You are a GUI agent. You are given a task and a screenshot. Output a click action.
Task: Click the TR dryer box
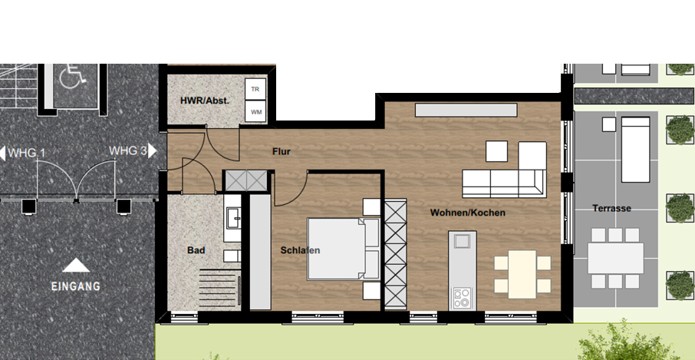[x=255, y=89]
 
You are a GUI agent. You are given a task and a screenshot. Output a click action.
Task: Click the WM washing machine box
[x=255, y=112]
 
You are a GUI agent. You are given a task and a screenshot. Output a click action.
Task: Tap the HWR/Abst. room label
[x=205, y=101]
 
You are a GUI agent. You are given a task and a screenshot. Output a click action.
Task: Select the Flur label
[x=282, y=152]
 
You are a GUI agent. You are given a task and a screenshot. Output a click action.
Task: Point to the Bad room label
[x=196, y=250]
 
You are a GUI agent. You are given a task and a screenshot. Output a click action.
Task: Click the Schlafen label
[x=300, y=250]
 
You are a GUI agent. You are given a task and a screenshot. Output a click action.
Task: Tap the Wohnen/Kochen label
[x=468, y=213]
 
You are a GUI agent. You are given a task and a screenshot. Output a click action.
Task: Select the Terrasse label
[x=611, y=208]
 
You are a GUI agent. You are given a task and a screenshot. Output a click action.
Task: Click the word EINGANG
[x=76, y=286]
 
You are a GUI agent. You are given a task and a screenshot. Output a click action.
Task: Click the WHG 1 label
[x=27, y=154]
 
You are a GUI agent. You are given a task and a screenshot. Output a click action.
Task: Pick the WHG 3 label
[x=127, y=150]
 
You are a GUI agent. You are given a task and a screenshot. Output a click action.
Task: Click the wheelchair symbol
[x=73, y=76]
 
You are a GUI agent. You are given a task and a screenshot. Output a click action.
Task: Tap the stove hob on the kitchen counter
[x=462, y=298]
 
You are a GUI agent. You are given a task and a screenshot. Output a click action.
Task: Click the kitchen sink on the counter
[x=462, y=241]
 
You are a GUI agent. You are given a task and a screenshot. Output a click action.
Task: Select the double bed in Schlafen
[x=344, y=249]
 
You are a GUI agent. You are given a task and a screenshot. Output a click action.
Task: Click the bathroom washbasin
[x=232, y=218]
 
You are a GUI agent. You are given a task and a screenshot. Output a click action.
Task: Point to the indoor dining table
[x=522, y=275]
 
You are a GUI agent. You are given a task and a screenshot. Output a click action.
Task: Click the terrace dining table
[x=616, y=258]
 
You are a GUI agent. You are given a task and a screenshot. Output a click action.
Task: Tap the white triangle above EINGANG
[x=76, y=266]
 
